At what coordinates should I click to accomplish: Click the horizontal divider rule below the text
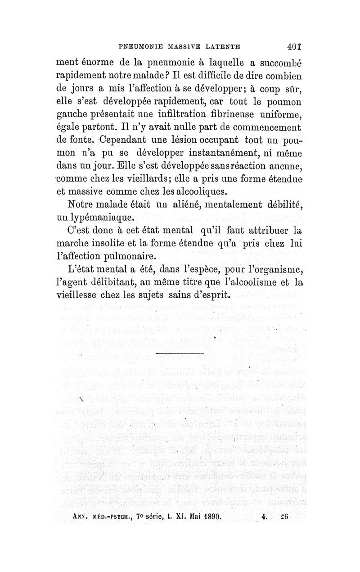(180, 354)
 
